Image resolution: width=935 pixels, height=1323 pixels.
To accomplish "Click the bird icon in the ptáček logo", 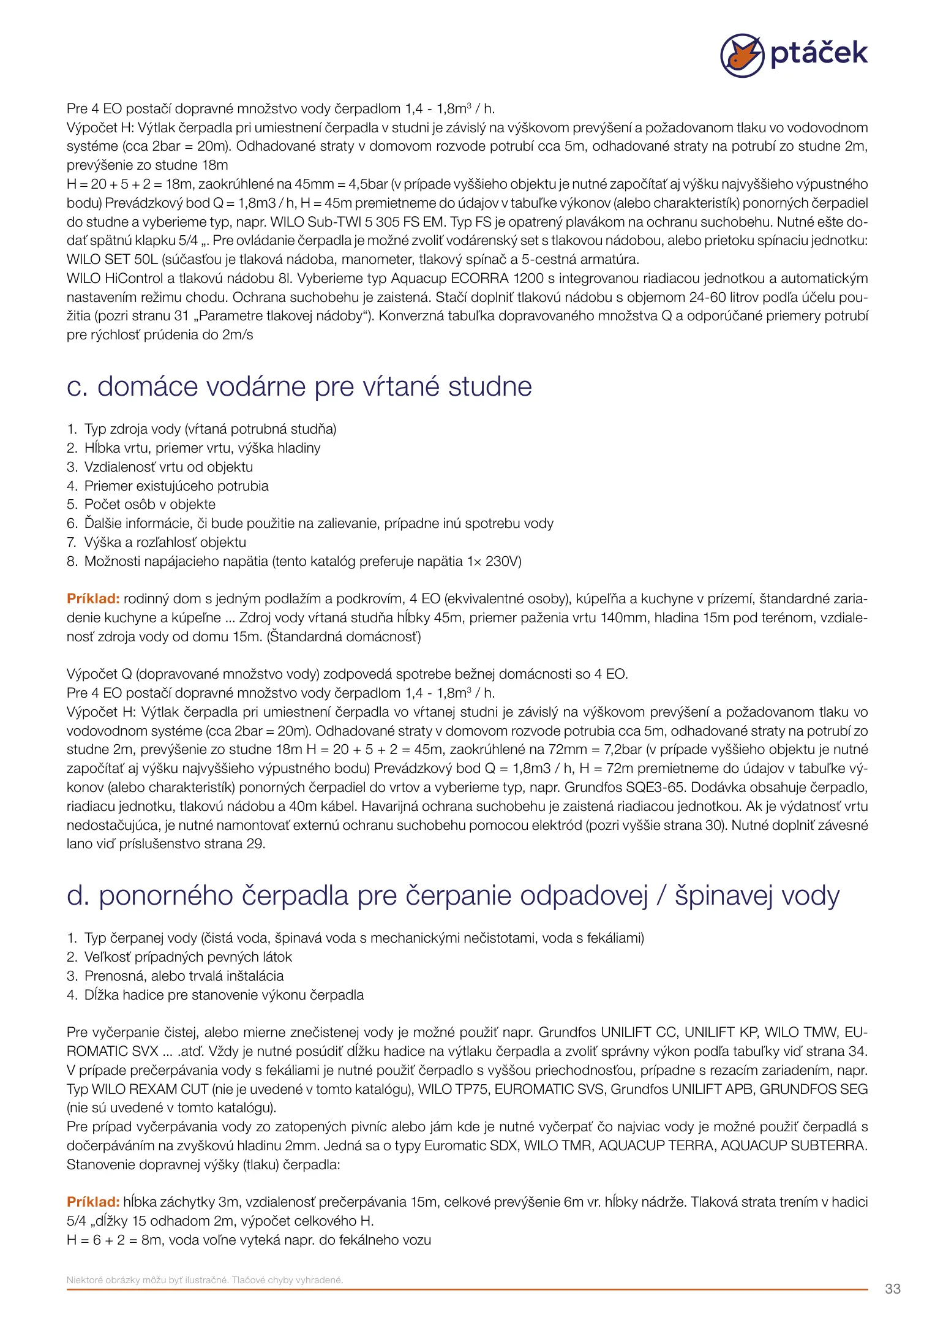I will (742, 55).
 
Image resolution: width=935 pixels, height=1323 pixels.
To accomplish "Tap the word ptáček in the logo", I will (819, 53).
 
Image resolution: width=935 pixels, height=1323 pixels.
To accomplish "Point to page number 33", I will (892, 1288).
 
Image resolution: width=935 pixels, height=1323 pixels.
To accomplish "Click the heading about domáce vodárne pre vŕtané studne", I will (299, 386).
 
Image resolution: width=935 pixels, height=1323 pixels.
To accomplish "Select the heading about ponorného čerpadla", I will (452, 895).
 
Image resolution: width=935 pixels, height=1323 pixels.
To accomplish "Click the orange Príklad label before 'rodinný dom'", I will (93, 599).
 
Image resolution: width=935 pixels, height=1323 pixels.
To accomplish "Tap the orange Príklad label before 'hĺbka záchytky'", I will (93, 1202).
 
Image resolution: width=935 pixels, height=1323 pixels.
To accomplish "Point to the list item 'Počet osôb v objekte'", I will (149, 505).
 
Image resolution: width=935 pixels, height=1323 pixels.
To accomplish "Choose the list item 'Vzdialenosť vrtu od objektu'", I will (168, 467).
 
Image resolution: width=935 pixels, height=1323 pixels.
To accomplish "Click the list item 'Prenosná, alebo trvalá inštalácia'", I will (184, 976).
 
